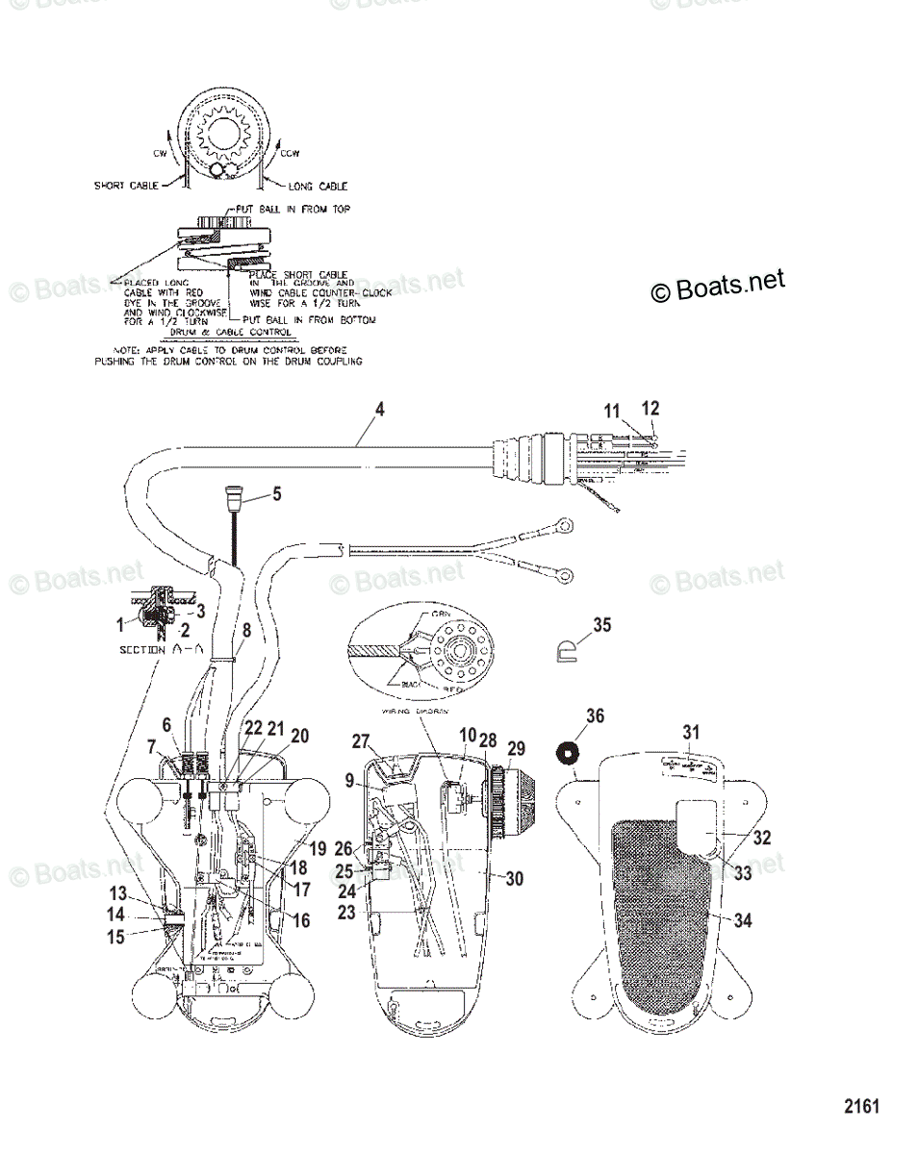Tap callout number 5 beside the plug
[276, 496]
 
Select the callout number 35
[601, 625]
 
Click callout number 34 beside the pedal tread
[743, 921]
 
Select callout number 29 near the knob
[545, 748]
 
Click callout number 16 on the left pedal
[301, 920]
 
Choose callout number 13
[117, 891]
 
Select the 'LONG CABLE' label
[319, 186]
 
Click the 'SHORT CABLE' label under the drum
[132, 186]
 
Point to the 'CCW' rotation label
[290, 152]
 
